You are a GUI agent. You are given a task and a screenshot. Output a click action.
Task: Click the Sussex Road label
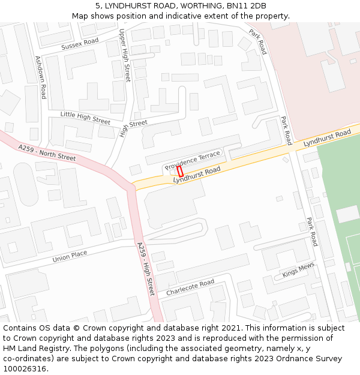[80, 44]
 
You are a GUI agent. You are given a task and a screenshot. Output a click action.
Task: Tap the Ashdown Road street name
[40, 77]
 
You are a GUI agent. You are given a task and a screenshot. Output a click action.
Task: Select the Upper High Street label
[124, 55]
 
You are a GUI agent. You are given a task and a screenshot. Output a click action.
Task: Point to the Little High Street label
[85, 117]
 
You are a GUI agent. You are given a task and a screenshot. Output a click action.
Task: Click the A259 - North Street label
[47, 152]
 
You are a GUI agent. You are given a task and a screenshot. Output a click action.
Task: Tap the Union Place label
[70, 256]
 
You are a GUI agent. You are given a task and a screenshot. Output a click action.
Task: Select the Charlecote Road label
[190, 287]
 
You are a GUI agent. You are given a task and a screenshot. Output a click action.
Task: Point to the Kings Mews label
[298, 271]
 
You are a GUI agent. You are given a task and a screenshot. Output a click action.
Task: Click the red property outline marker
[179, 170]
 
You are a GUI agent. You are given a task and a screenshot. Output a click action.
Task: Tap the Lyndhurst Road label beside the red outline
[197, 175]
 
